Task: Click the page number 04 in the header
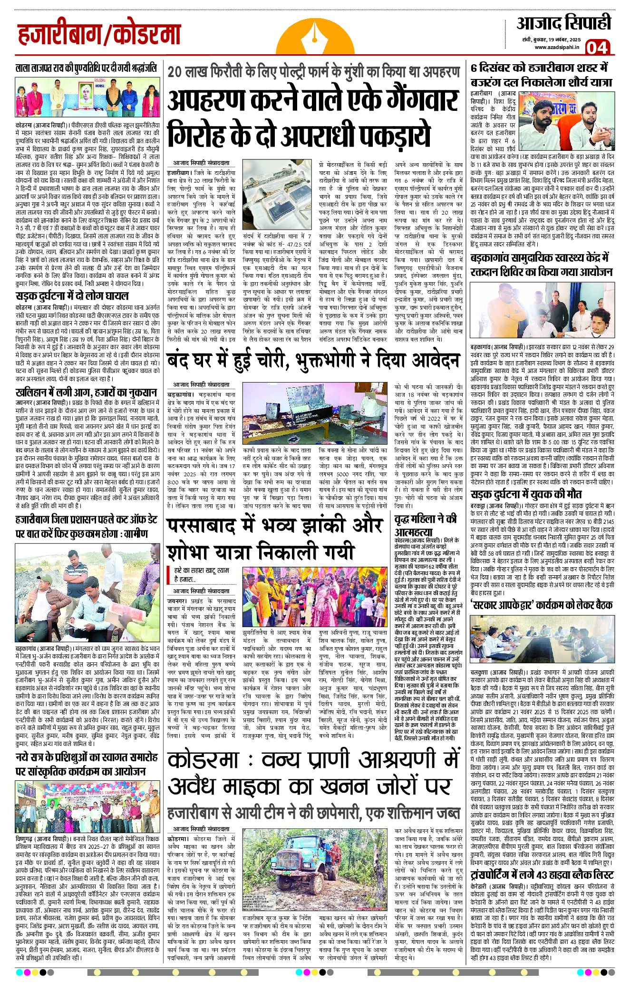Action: (597, 48)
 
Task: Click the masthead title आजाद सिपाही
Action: (563, 23)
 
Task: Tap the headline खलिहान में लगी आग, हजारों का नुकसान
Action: (86, 393)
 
